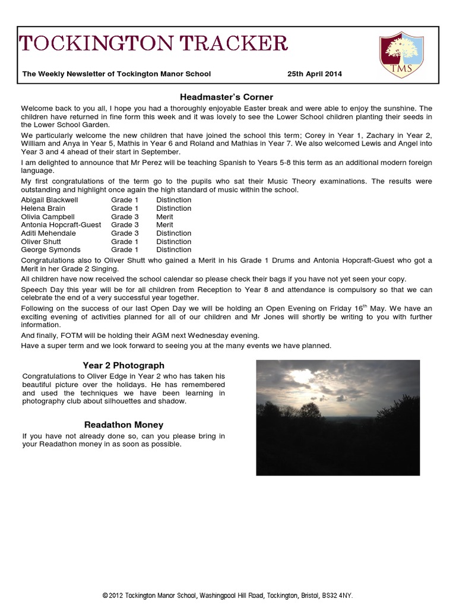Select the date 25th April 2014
point(314,74)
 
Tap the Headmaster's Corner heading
point(226,97)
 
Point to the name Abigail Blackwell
point(49,200)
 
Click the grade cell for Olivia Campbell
point(125,217)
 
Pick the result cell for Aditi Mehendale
point(173,233)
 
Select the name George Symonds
point(50,250)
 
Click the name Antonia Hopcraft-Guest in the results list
point(61,225)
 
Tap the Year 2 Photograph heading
point(123,365)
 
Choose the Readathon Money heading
point(123,425)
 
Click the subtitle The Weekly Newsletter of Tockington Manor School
point(116,74)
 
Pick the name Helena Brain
point(43,208)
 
